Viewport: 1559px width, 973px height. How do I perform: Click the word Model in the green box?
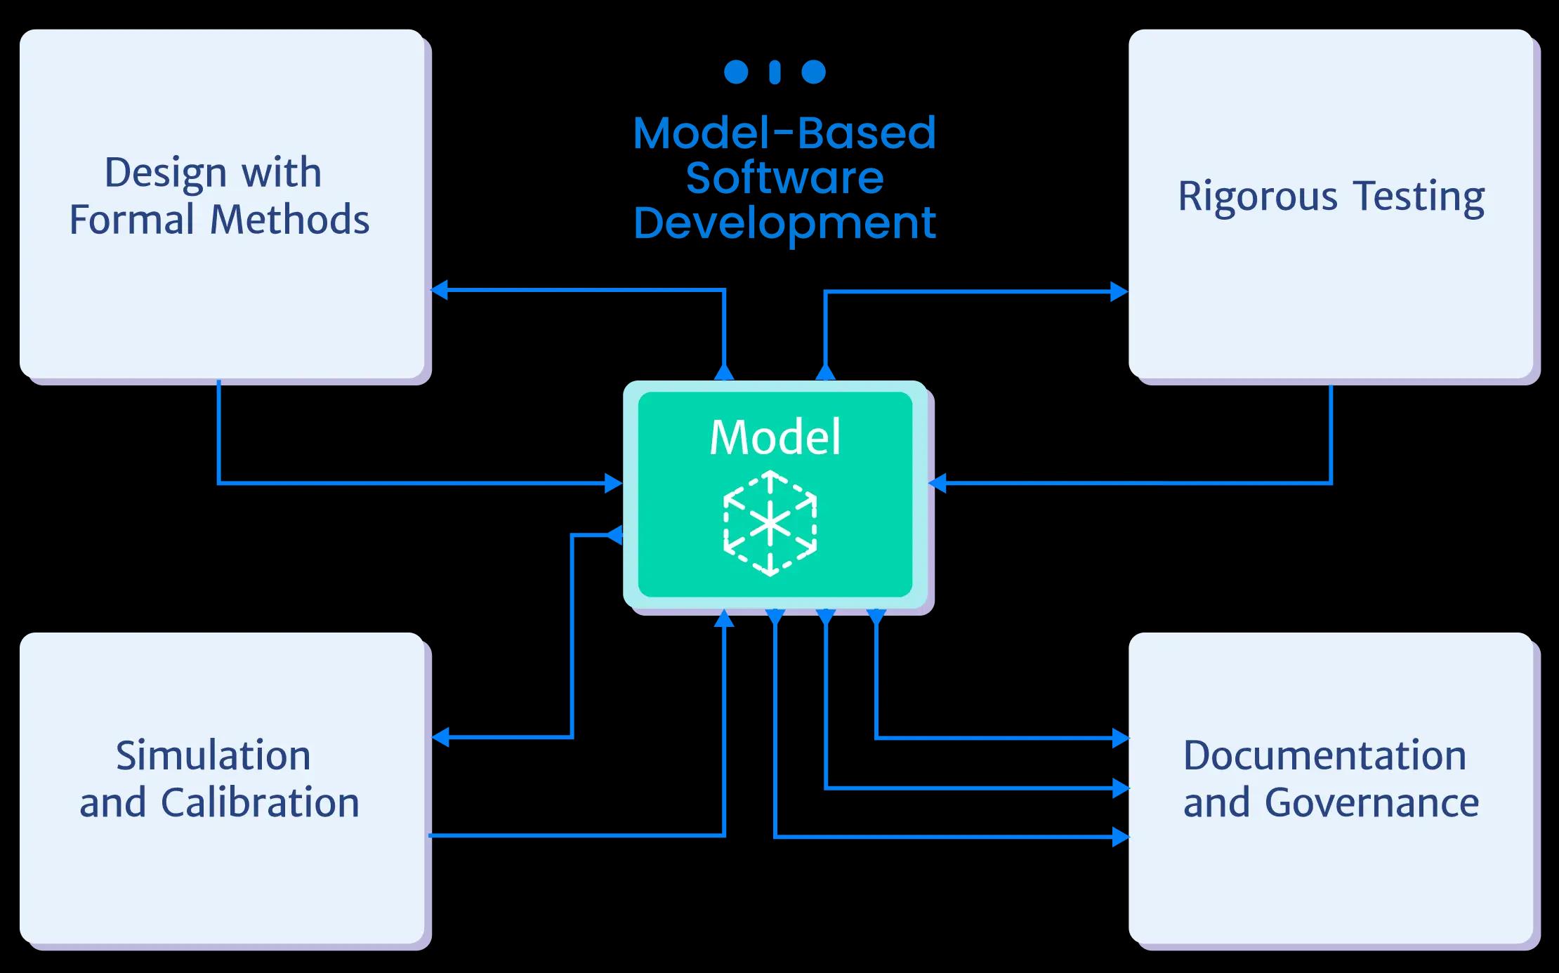(775, 437)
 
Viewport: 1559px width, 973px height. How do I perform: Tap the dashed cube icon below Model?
(770, 524)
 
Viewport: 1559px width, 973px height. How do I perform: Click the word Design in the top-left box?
(166, 173)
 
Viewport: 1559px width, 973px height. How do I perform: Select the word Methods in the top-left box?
(290, 220)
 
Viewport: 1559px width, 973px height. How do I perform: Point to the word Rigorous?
(1258, 197)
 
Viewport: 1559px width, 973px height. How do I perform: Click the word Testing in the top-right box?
(1419, 197)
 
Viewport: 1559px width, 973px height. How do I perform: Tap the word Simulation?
(213, 756)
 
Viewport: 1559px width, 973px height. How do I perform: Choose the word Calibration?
(260, 803)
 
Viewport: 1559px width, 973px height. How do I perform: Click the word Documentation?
(1324, 756)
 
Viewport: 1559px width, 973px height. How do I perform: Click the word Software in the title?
(784, 178)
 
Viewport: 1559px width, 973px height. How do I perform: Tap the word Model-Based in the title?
(784, 133)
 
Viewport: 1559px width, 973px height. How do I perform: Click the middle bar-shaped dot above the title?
(775, 72)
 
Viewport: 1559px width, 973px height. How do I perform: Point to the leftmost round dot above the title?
(736, 72)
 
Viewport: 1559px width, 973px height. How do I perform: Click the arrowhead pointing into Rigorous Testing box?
(1119, 291)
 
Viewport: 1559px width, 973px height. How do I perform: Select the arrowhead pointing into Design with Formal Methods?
(440, 289)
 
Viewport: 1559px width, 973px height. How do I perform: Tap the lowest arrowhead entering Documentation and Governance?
(1120, 837)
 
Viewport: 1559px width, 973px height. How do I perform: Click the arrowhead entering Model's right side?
(938, 483)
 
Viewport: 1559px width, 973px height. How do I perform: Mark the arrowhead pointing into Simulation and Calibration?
(440, 737)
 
